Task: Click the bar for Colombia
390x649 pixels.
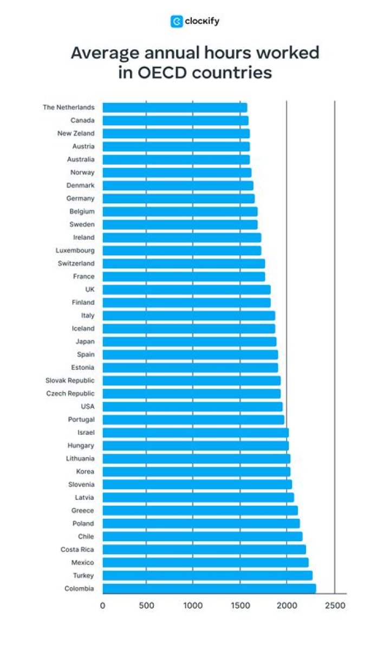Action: (209, 588)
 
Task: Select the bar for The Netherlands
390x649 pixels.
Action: (174, 107)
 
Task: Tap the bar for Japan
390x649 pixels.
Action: (189, 342)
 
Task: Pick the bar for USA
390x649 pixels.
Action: (192, 407)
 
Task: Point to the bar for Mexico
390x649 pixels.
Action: (205, 562)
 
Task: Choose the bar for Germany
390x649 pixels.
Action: (178, 198)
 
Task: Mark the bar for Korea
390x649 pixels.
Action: (196, 472)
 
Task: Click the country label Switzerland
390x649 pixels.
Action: (76, 264)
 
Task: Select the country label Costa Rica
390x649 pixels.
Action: (77, 550)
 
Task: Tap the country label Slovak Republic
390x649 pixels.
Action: (70, 381)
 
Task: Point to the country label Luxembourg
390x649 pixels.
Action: (75, 250)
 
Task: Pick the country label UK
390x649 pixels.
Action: (89, 290)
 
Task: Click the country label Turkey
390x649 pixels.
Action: (83, 576)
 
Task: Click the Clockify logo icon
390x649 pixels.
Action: (176, 22)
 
